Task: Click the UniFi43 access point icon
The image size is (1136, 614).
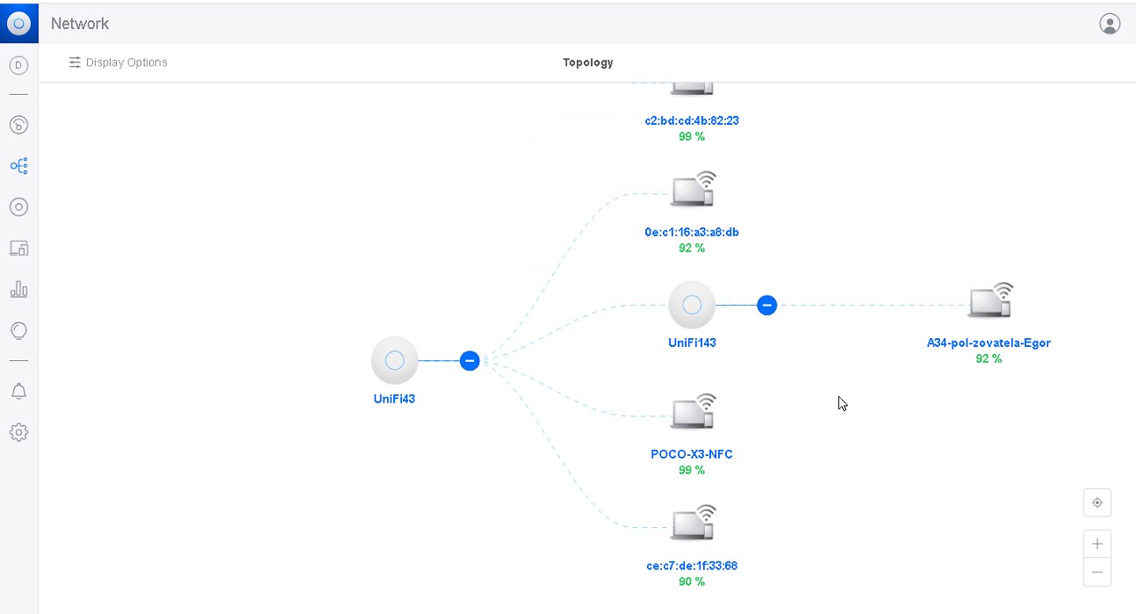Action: [394, 360]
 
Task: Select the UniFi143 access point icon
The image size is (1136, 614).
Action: [692, 305]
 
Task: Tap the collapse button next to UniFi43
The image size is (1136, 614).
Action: [470, 361]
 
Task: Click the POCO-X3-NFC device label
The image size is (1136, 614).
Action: [691, 454]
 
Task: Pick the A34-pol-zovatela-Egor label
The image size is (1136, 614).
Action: [989, 343]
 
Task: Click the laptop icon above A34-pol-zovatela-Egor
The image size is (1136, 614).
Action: [990, 300]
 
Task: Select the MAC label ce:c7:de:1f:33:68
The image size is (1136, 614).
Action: [692, 566]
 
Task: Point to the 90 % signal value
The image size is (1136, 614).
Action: [692, 581]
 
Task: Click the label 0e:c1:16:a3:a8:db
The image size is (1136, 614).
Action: [692, 233]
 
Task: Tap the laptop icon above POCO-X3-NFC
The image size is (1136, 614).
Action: [694, 411]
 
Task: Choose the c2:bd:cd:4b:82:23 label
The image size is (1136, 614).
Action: [692, 120]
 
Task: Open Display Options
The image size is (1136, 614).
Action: [119, 62]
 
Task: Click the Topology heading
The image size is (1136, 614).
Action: [588, 62]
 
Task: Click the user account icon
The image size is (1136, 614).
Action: [1110, 24]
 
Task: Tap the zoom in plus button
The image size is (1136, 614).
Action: [1097, 544]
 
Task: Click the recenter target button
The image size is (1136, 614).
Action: [1097, 502]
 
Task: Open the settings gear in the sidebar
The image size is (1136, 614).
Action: [18, 432]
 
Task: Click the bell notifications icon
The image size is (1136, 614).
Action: [18, 391]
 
